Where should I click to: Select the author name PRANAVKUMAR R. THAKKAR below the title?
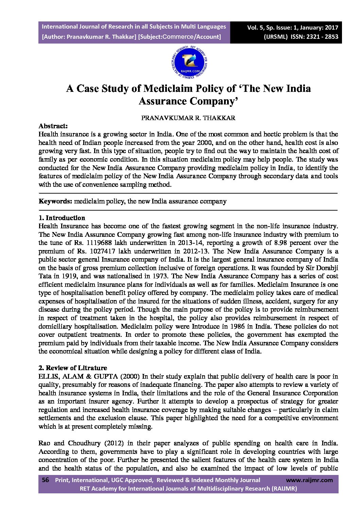[x=188, y=118]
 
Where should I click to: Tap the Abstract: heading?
[x=53, y=126]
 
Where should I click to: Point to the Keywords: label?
[x=55, y=201]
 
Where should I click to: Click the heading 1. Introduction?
[x=62, y=218]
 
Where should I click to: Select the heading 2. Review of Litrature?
[x=73, y=368]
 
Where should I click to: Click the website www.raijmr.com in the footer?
[x=309, y=480]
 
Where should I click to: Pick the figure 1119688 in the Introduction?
[x=96, y=243]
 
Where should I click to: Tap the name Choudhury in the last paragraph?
[x=84, y=443]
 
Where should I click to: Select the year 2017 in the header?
[x=331, y=28]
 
